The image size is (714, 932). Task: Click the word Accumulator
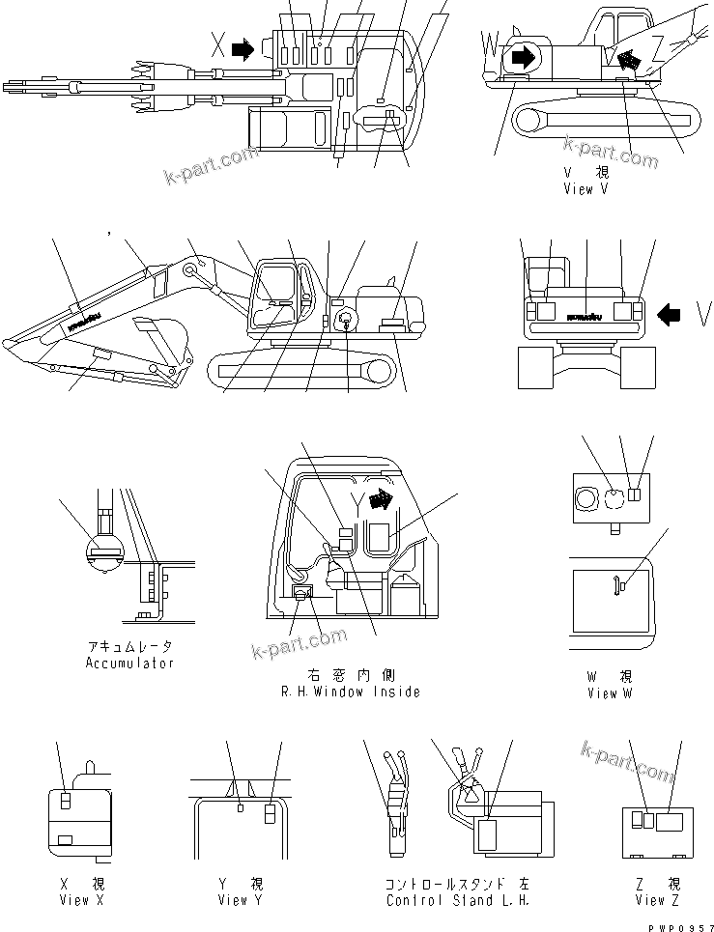pyautogui.click(x=129, y=664)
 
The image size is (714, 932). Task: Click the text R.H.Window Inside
pyautogui.click(x=350, y=692)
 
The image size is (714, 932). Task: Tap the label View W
pyautogui.click(x=609, y=693)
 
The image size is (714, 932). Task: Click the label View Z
pyautogui.click(x=659, y=900)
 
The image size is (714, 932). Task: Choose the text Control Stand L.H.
pyautogui.click(x=457, y=900)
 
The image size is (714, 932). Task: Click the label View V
pyautogui.click(x=585, y=189)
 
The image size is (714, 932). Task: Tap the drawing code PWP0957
pyautogui.click(x=681, y=924)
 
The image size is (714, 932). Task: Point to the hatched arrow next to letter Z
pyautogui.click(x=629, y=61)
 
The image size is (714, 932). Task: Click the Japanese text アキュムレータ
pyautogui.click(x=129, y=646)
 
